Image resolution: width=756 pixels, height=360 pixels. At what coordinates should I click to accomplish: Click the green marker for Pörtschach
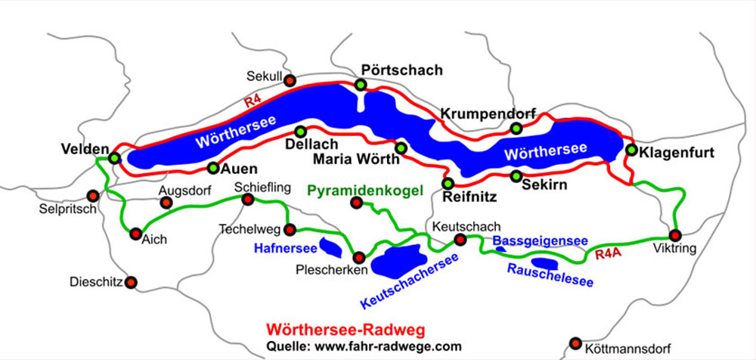pyautogui.click(x=361, y=84)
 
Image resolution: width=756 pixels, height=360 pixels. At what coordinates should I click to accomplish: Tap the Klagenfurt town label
pyautogui.click(x=677, y=152)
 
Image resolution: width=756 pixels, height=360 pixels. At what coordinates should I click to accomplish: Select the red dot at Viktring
pyautogui.click(x=675, y=235)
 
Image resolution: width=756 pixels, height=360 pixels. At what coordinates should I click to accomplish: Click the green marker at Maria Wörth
pyautogui.click(x=401, y=147)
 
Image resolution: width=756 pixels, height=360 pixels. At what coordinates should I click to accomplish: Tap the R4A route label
pyautogui.click(x=608, y=254)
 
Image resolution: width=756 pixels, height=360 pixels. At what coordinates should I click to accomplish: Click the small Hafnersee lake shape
pyautogui.click(x=331, y=247)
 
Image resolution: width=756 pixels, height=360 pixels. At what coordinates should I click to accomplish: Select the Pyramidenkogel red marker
pyautogui.click(x=356, y=202)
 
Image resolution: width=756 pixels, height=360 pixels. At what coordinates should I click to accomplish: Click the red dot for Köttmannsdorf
pyautogui.click(x=576, y=342)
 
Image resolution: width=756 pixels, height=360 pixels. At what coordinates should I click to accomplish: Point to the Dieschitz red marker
pyautogui.click(x=132, y=282)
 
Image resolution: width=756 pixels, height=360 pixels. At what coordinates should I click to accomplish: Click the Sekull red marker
pyautogui.click(x=290, y=80)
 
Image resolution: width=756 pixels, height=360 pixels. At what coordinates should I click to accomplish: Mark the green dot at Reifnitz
pyautogui.click(x=448, y=183)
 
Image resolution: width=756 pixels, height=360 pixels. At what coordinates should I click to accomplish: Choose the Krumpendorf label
pyautogui.click(x=488, y=113)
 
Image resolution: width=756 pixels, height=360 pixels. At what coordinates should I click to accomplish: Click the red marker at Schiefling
pyautogui.click(x=247, y=200)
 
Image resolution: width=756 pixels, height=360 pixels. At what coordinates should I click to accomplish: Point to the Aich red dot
pyautogui.click(x=136, y=234)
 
